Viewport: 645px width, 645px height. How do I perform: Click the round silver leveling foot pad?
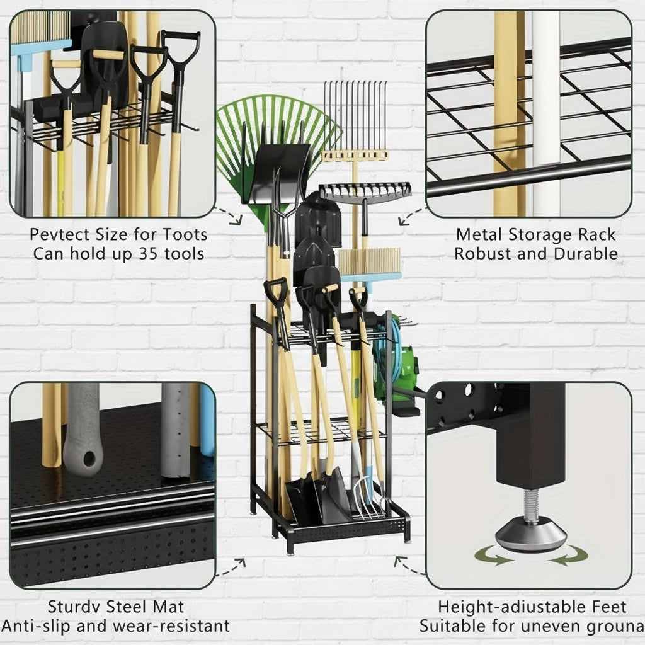click(530, 537)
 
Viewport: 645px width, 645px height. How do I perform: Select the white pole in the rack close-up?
click(545, 113)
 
